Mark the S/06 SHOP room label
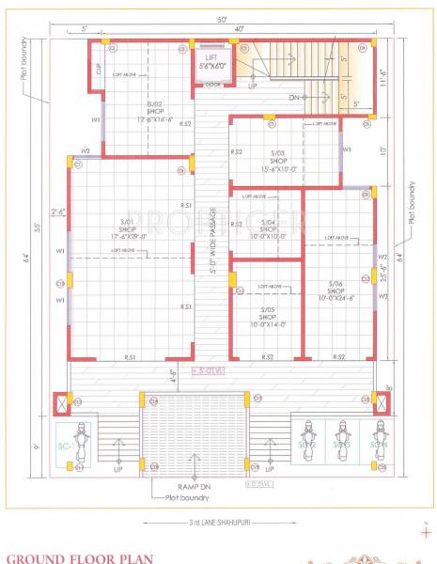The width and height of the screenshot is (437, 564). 336,290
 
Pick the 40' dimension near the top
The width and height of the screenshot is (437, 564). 241,30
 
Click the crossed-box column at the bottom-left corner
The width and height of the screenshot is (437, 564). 62,401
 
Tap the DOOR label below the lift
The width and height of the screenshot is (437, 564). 212,85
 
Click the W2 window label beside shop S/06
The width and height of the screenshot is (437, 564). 382,258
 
